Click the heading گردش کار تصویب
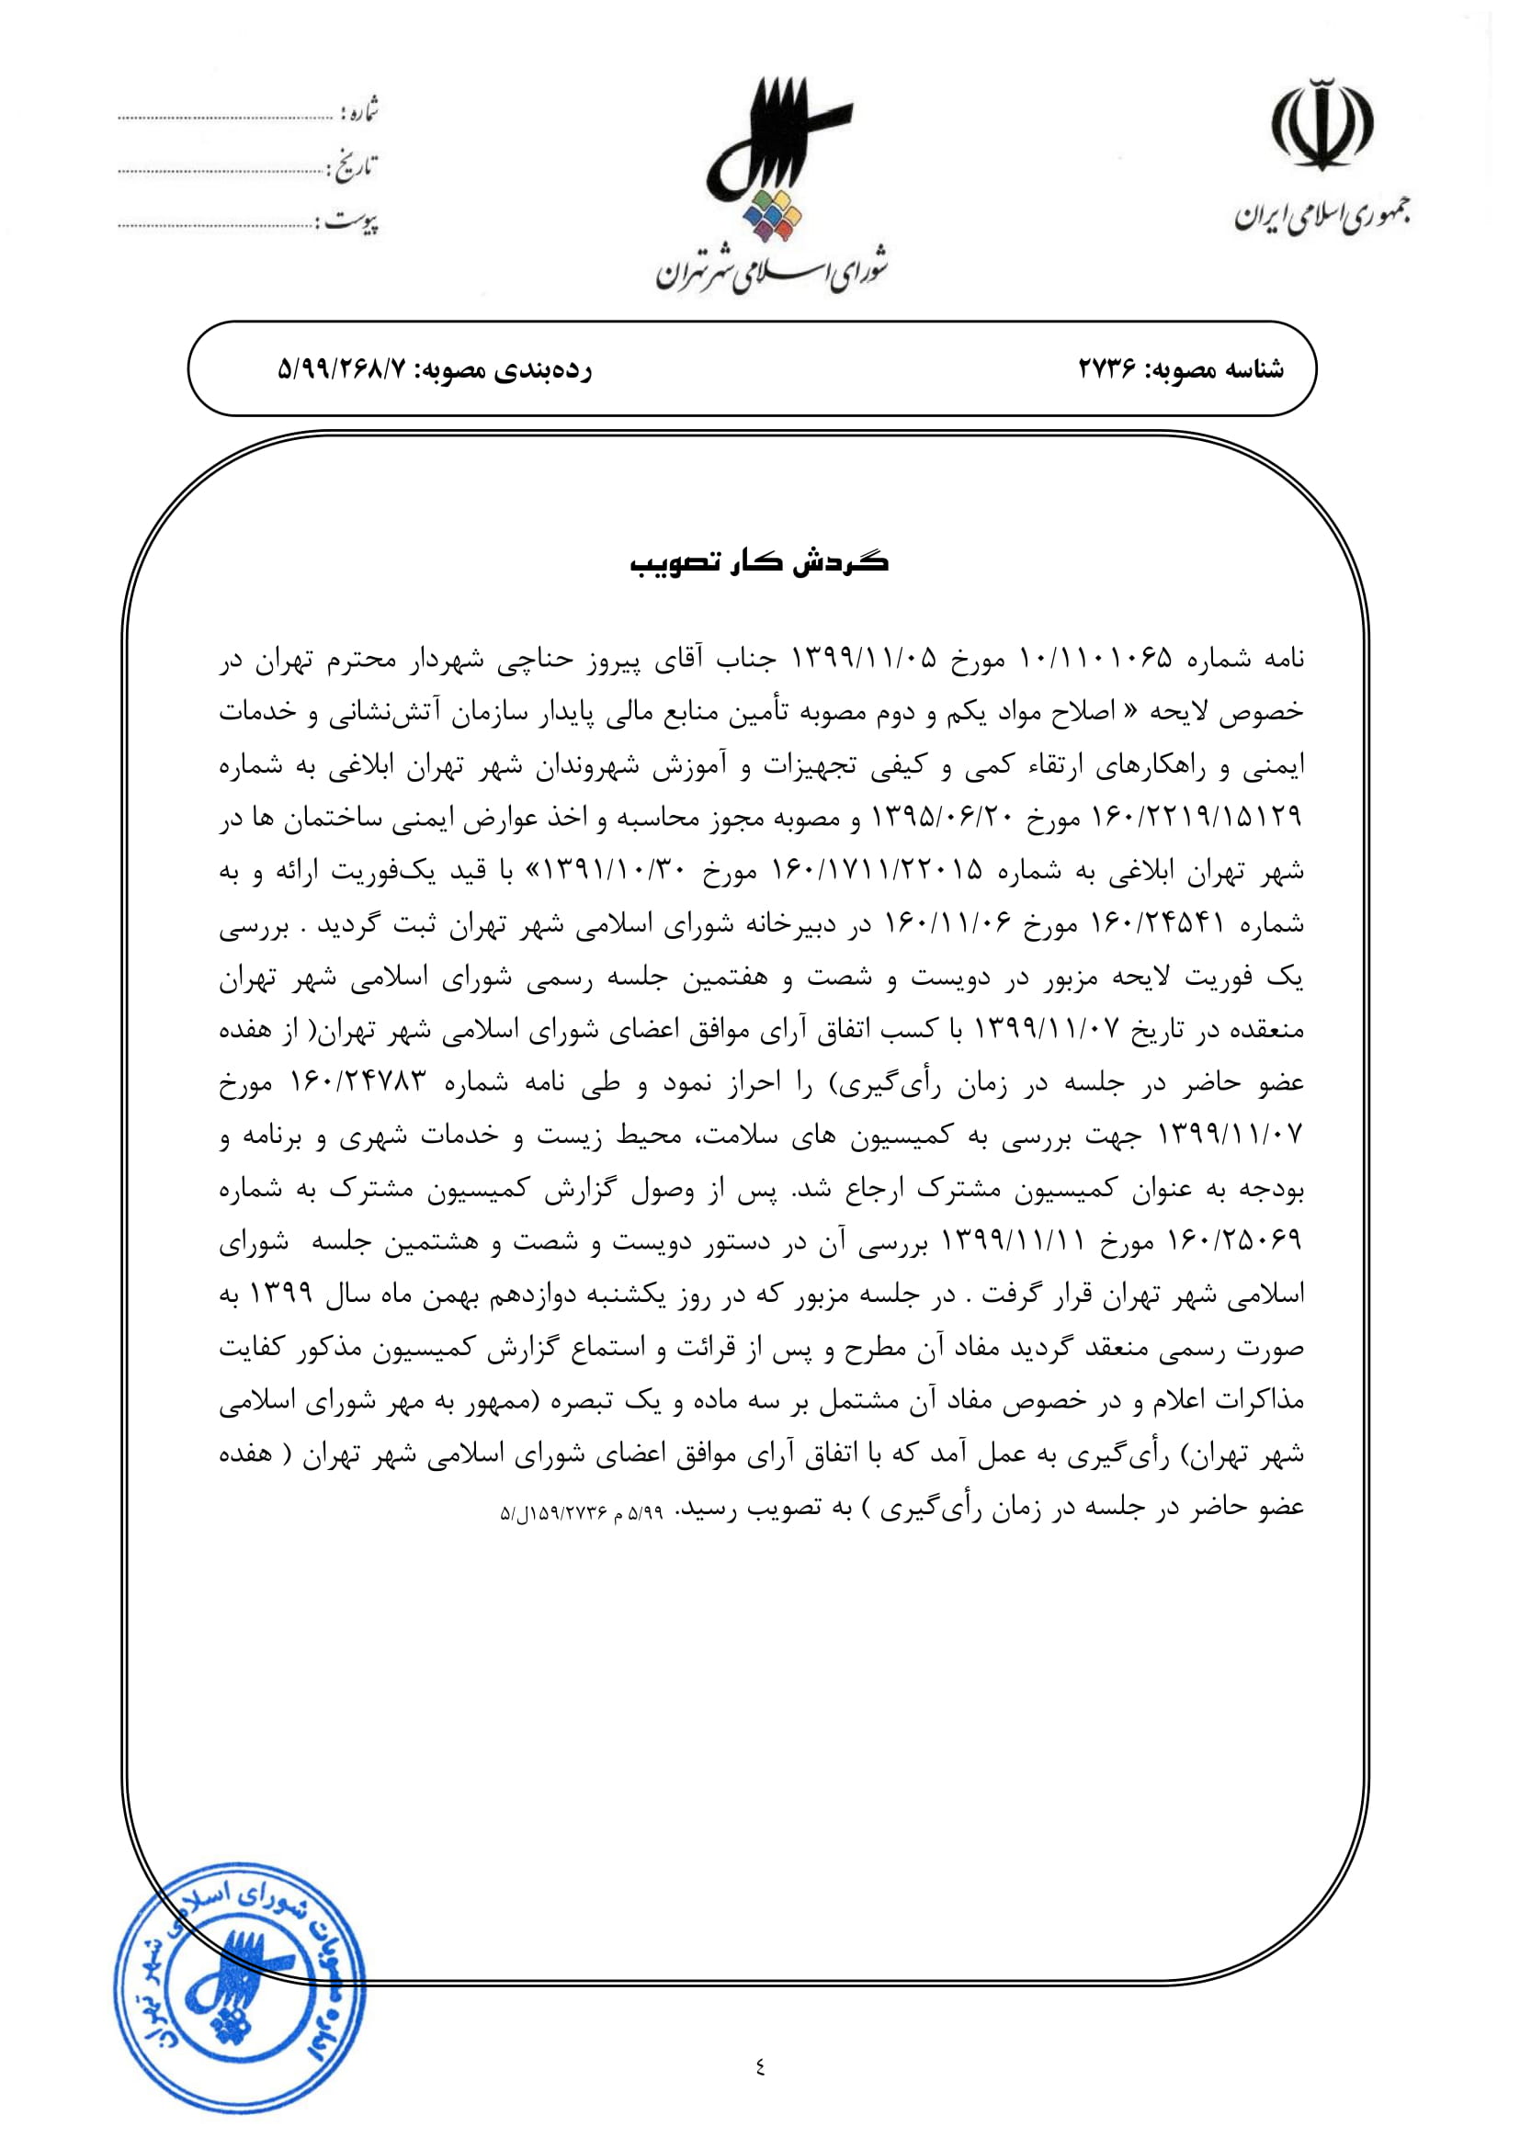pyautogui.click(x=759, y=561)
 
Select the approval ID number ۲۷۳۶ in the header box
pyautogui.click(x=1106, y=369)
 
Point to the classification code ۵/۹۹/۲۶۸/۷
pyautogui.click(x=343, y=369)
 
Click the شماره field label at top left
pyautogui.click(x=360, y=112)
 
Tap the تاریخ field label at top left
pyautogui.click(x=355, y=167)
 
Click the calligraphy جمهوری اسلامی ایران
pyautogui.click(x=1321, y=216)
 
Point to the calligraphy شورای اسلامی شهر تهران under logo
pyautogui.click(x=773, y=270)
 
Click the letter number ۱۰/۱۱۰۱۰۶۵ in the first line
pyautogui.click(x=1095, y=659)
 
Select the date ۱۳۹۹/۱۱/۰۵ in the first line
pyautogui.click(x=865, y=659)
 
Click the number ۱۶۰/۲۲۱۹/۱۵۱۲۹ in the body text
pyautogui.click(x=1197, y=818)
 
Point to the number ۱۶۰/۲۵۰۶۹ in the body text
pyautogui.click(x=1234, y=1241)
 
